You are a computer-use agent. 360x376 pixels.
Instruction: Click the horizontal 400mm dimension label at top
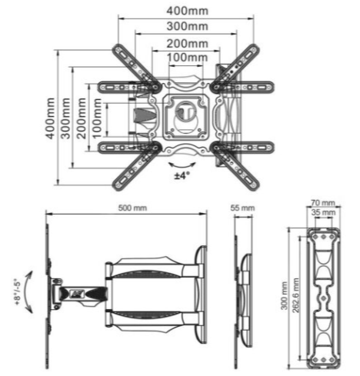(188, 11)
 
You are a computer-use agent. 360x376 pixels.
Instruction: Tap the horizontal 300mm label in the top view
(188, 26)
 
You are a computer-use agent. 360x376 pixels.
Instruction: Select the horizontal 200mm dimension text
(188, 44)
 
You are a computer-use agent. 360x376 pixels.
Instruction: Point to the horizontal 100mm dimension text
(188, 58)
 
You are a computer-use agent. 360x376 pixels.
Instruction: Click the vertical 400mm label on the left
(50, 118)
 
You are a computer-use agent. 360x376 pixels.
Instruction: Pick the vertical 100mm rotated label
(97, 118)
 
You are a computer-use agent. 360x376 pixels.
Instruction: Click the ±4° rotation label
(182, 175)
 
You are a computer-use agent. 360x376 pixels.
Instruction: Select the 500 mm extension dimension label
(132, 208)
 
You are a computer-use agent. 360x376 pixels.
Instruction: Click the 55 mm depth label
(242, 208)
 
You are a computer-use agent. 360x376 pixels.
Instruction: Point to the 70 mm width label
(323, 203)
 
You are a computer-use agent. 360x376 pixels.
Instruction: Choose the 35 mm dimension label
(323, 212)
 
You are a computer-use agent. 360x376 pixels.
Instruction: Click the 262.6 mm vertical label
(295, 294)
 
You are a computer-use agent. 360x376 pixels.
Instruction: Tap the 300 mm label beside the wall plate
(284, 296)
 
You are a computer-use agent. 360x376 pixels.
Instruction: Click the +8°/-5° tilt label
(17, 291)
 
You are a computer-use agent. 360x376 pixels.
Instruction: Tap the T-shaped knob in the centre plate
(185, 110)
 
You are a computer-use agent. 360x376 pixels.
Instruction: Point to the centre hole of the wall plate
(323, 298)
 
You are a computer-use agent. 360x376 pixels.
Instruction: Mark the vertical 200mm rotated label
(82, 118)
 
